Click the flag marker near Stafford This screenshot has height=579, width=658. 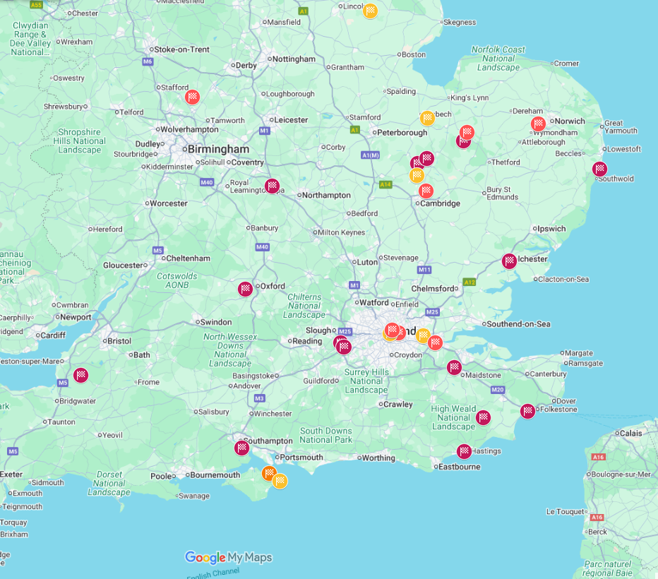click(192, 97)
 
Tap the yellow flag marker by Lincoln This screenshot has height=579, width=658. click(370, 11)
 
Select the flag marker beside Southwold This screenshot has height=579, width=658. click(599, 169)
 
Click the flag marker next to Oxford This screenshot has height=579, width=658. click(245, 288)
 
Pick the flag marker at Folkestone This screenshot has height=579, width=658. click(527, 411)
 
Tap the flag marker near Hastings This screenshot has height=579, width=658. click(464, 451)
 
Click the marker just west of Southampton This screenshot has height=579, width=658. click(242, 448)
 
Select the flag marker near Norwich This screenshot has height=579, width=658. click(539, 124)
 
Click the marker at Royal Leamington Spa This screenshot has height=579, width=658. click(272, 186)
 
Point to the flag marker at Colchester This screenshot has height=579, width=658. click(509, 261)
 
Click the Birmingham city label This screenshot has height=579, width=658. click(217, 150)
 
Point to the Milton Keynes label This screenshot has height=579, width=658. click(342, 232)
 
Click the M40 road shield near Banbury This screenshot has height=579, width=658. click(262, 247)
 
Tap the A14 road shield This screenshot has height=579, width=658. click(385, 185)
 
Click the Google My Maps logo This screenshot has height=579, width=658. click(228, 557)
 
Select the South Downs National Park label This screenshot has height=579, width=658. click(325, 435)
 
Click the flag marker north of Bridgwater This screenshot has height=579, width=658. click(81, 375)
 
